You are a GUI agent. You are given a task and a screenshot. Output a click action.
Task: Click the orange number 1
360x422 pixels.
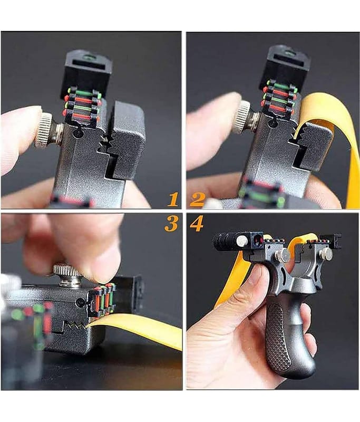[173, 200]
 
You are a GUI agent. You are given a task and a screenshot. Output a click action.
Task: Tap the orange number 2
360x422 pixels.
[197, 200]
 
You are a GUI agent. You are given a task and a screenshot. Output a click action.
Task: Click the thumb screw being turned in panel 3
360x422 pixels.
[69, 275]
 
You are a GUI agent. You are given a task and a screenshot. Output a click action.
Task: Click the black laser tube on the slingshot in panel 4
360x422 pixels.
[225, 241]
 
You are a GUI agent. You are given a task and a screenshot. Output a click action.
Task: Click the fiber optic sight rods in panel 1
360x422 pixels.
[82, 103]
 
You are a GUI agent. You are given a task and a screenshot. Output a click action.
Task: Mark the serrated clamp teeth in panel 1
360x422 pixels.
[105, 142]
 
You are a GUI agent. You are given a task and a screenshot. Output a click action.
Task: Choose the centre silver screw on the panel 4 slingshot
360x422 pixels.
[283, 255]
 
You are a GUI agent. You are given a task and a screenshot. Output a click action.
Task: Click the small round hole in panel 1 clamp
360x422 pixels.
[78, 132]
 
